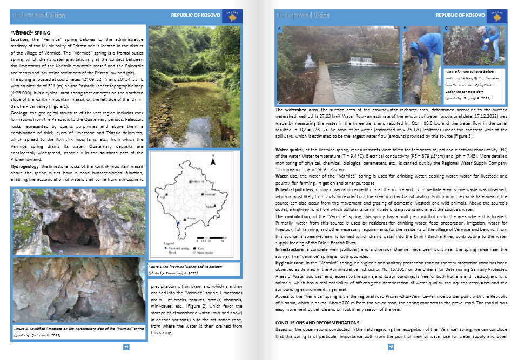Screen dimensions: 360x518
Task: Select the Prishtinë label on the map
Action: [x=209, y=194]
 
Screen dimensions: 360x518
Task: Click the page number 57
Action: [x=126, y=347]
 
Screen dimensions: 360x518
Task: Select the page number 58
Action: [x=391, y=347]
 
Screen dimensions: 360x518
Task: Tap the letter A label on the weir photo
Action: [x=279, y=28]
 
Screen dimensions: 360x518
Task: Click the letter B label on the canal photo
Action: [x=405, y=27]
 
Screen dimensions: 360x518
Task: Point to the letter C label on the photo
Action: [x=446, y=28]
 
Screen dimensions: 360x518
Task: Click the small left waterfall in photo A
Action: [x=310, y=61]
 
